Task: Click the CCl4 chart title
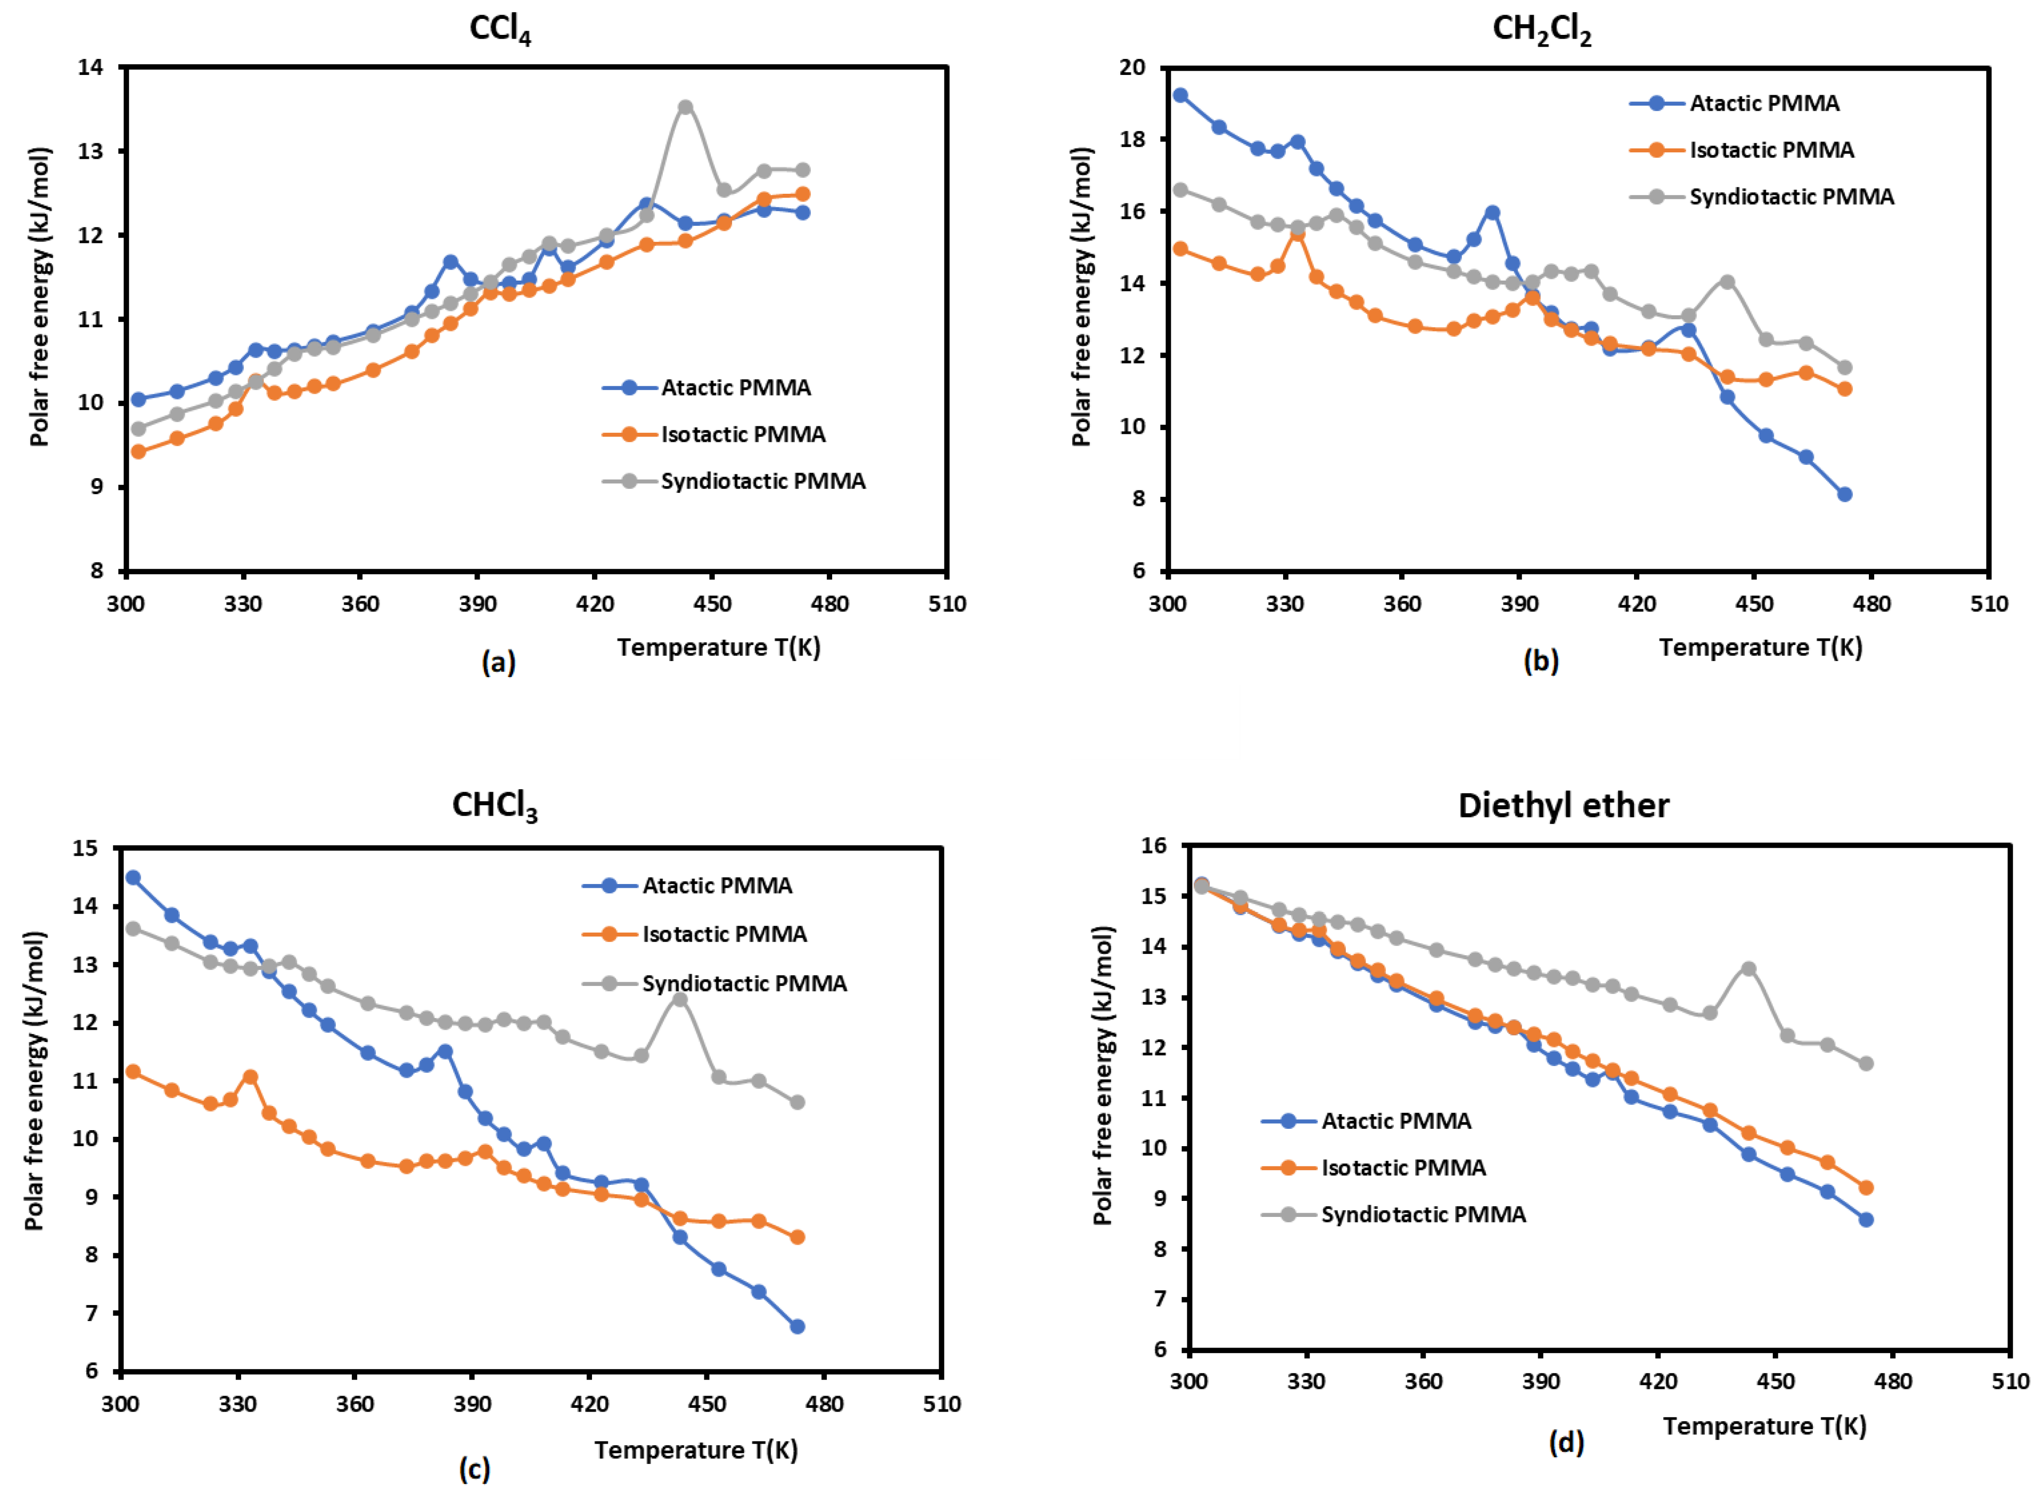500,29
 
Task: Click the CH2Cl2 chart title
1541,29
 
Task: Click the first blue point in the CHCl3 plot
133,877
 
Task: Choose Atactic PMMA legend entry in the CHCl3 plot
716,885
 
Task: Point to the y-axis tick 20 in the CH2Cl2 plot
1133,67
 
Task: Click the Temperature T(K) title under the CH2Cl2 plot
1760,647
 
